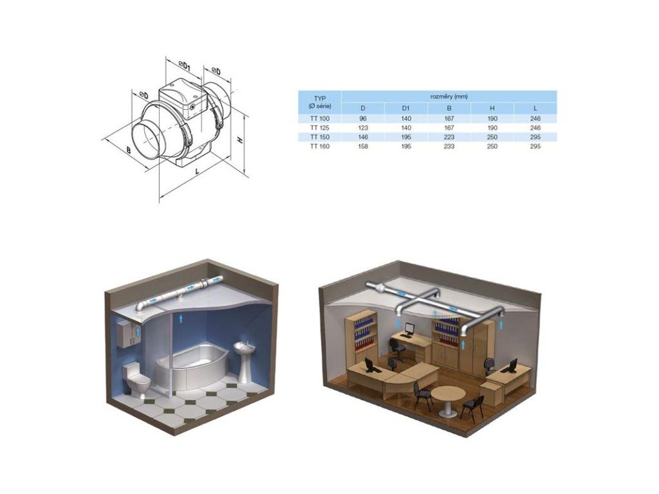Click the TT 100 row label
pos(319,118)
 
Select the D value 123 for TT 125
pos(363,128)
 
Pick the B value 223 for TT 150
pos(449,137)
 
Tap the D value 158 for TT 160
pos(363,146)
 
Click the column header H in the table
pos(492,108)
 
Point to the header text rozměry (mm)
pos(449,96)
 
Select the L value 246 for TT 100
pos(535,118)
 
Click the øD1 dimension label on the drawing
pos(185,66)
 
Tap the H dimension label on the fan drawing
pos(241,140)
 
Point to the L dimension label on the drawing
pos(198,171)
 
